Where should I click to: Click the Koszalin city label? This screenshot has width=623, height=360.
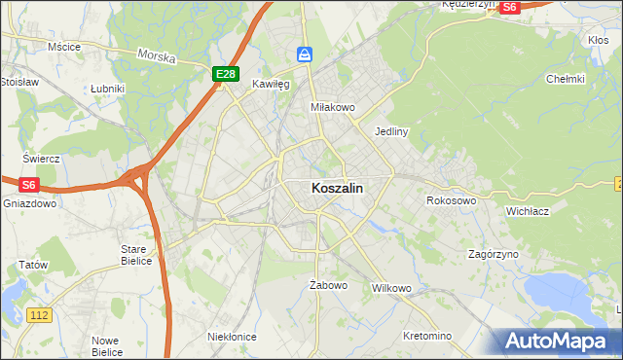[x=339, y=189]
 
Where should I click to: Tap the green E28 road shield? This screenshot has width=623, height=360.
[x=226, y=73]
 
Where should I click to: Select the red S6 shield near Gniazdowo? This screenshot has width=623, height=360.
[x=29, y=184]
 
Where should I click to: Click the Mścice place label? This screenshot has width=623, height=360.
[x=63, y=46]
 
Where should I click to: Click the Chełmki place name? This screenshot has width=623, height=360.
[x=565, y=79]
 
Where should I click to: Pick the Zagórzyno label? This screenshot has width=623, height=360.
[x=494, y=253]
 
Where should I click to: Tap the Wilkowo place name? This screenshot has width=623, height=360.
[x=392, y=289]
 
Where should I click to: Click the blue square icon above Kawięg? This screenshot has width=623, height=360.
[x=305, y=54]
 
